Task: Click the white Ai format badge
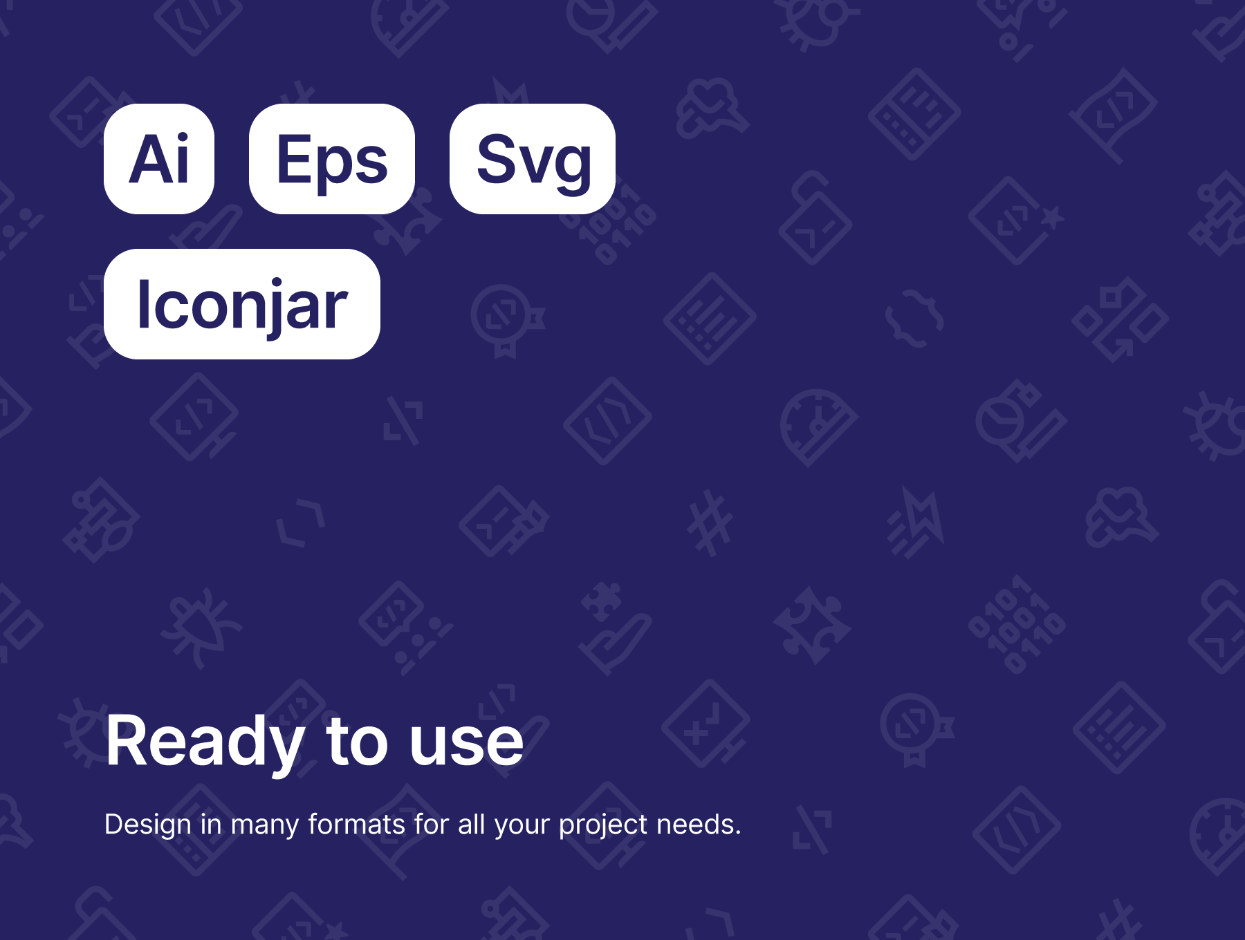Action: point(159,159)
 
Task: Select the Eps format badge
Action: point(332,159)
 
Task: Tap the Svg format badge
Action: point(533,159)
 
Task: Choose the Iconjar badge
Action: point(242,304)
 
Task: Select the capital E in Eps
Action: point(293,159)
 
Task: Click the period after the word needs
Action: point(738,833)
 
